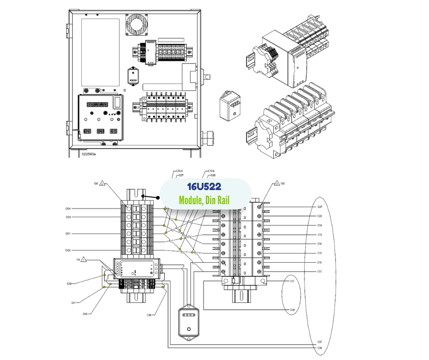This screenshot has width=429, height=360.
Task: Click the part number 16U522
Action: [204, 188]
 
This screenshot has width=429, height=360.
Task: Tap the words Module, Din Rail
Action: [204, 200]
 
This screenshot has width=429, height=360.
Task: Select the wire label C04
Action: [68, 209]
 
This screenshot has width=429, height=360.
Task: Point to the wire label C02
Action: [68, 250]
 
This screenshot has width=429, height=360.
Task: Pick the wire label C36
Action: [149, 315]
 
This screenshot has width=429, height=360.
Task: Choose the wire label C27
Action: [319, 207]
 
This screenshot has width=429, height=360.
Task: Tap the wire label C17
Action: [319, 271]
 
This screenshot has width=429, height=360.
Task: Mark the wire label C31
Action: [293, 281]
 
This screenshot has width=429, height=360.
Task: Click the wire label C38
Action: [319, 348]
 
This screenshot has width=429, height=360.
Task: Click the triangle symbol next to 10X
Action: [103, 183]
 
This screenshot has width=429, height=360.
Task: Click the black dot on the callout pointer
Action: [158, 198]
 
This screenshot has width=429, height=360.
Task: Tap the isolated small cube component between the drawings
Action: [230, 105]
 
